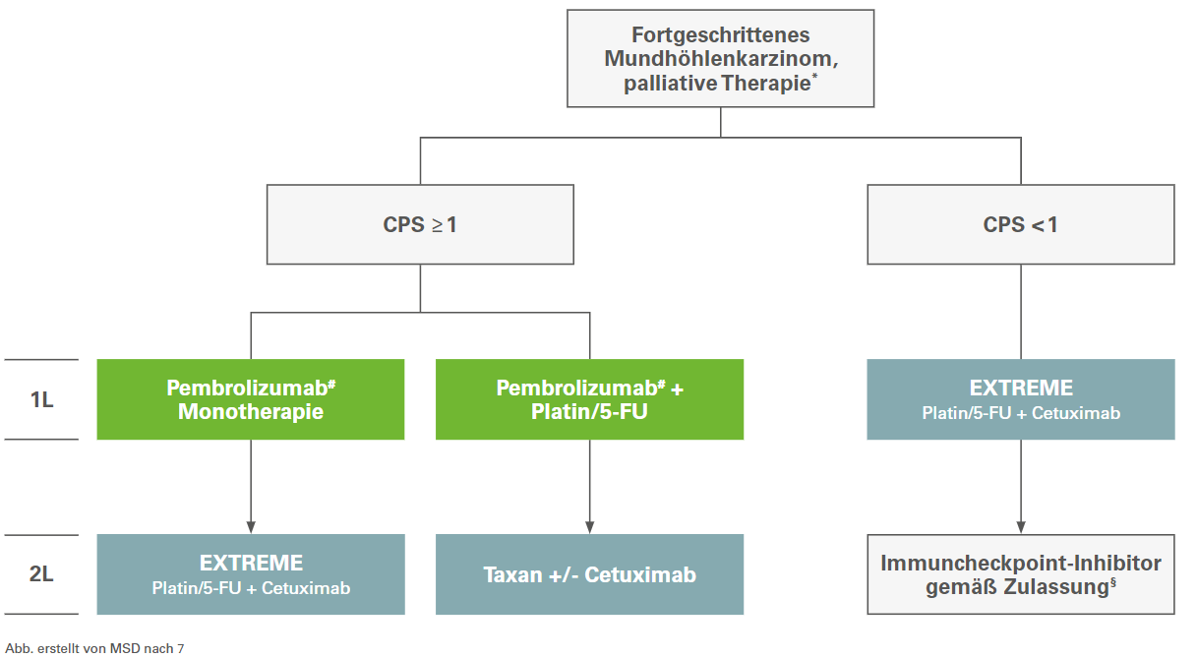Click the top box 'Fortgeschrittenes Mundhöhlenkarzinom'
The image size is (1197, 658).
click(x=720, y=59)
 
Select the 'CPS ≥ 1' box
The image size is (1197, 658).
click(x=420, y=224)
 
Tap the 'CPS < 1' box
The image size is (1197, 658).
click(x=1020, y=224)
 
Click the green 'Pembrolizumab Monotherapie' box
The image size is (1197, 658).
click(x=251, y=399)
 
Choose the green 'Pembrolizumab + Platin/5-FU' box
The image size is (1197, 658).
click(x=589, y=399)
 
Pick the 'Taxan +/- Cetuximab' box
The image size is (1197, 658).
click(x=589, y=574)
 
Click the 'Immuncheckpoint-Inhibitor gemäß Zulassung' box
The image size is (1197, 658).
click(x=1020, y=574)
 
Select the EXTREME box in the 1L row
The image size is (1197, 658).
click(x=1020, y=399)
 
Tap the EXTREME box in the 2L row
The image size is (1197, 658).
click(x=251, y=574)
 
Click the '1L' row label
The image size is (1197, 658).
click(x=41, y=400)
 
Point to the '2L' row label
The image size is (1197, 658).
click(x=41, y=574)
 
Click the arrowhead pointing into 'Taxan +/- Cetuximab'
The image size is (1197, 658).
click(x=589, y=525)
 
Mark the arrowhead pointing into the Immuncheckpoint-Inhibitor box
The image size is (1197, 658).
click(x=1020, y=525)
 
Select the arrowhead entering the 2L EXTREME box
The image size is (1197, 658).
click(x=251, y=525)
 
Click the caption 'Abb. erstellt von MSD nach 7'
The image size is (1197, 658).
click(x=93, y=647)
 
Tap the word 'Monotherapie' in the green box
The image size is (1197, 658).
click(x=251, y=412)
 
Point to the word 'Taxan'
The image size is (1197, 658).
click(x=513, y=574)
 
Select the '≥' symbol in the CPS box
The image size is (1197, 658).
click(x=436, y=225)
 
